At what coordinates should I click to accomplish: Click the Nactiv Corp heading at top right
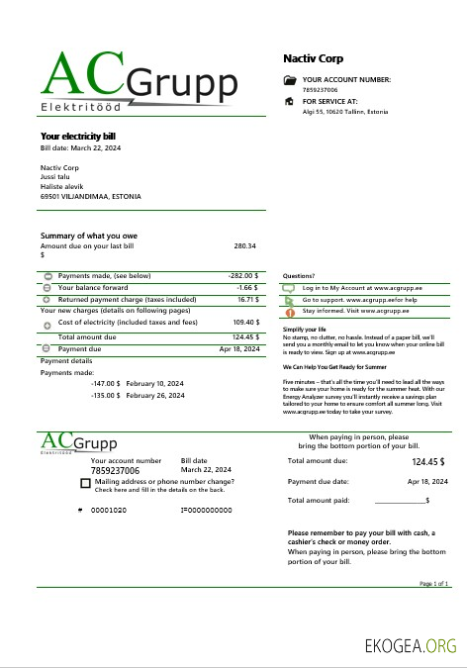(313, 58)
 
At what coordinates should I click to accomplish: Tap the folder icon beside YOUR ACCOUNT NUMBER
(289, 80)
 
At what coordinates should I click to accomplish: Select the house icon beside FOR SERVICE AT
(289, 101)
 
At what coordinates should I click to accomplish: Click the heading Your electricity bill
(78, 136)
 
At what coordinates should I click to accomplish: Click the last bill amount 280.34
(245, 245)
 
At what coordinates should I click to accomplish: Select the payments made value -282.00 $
(242, 275)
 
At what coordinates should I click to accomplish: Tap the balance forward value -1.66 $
(247, 287)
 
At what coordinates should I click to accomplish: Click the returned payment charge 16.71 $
(247, 298)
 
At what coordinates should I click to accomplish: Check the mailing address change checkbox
(85, 484)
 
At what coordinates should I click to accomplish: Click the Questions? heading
(299, 276)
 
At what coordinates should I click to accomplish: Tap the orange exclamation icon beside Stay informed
(289, 311)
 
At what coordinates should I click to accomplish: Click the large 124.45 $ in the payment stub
(427, 461)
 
